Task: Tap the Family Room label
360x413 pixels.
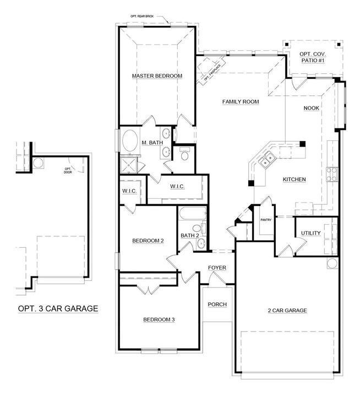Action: click(241, 101)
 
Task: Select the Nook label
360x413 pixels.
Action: click(312, 108)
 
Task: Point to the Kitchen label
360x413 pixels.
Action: click(294, 180)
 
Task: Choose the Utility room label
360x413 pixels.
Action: click(310, 233)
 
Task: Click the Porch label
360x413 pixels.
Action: click(217, 305)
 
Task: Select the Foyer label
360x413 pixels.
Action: click(217, 268)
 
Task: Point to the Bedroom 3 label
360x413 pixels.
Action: click(159, 319)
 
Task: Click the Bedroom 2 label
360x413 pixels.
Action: click(148, 241)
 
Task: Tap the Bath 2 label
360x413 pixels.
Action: click(189, 236)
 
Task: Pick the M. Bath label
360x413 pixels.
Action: click(152, 143)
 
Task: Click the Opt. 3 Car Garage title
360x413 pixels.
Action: click(54, 308)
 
